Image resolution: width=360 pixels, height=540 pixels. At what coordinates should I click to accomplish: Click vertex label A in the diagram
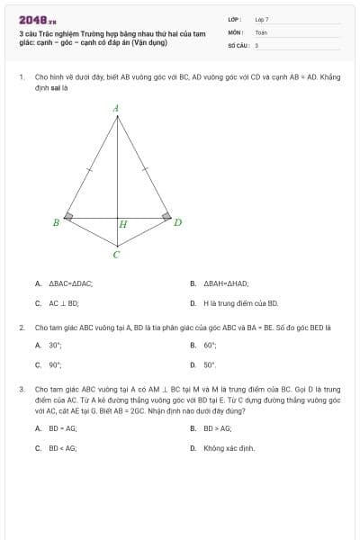coord(116,108)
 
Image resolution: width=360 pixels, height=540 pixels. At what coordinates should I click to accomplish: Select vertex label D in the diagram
coord(177,222)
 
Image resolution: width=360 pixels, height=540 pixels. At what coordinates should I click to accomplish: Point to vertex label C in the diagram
coord(116,255)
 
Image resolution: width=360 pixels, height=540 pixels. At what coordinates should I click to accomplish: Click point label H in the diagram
coord(123,224)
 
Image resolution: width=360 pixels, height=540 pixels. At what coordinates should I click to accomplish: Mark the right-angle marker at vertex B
coord(68,216)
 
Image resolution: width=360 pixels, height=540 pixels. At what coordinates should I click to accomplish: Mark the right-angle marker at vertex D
coord(166,216)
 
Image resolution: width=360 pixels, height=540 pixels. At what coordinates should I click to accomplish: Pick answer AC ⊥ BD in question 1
coord(64,303)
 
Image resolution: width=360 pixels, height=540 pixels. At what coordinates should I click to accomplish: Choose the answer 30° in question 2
coord(55,345)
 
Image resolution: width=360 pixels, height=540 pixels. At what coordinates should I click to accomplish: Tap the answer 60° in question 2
coord(210,345)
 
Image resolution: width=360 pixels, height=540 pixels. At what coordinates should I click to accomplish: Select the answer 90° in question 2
coord(55,365)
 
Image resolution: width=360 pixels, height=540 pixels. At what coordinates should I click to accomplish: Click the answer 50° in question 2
coord(210,365)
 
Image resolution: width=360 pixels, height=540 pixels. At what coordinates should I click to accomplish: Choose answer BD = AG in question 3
coord(62,427)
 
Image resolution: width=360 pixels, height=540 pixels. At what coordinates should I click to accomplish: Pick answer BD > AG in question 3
coord(217,427)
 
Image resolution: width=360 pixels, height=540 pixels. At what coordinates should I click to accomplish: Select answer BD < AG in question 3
coord(62,447)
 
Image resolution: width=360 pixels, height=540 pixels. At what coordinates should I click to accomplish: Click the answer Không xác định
coord(229,447)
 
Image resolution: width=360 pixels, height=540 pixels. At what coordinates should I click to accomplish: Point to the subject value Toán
coord(261,31)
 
